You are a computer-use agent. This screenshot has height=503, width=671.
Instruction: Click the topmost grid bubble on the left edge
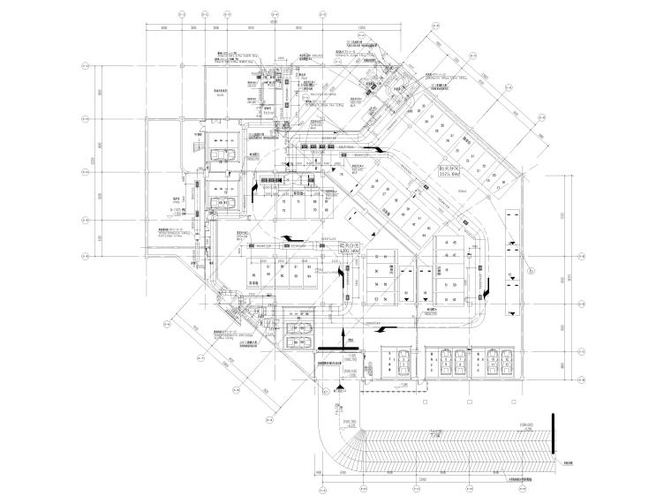click(x=86, y=65)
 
